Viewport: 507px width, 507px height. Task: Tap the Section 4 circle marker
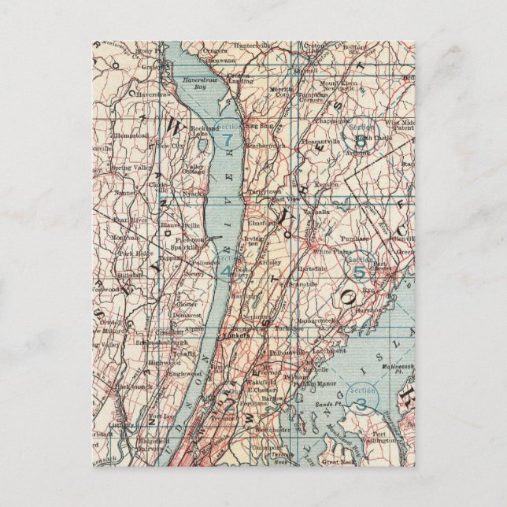[x=225, y=270]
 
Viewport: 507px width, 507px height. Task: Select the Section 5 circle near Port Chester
[x=360, y=272]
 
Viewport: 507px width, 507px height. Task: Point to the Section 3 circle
[x=361, y=403]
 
